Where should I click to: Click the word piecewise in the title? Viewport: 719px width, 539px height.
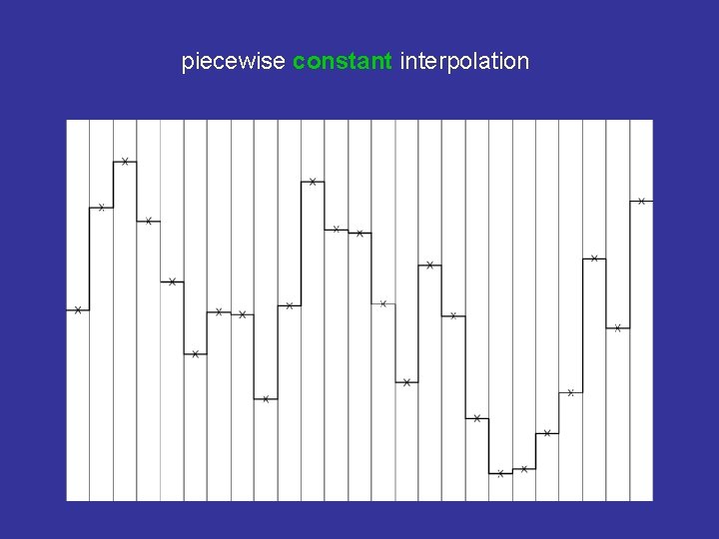point(234,62)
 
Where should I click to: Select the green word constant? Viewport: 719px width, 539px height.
point(343,62)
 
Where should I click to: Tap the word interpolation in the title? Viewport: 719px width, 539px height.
point(464,62)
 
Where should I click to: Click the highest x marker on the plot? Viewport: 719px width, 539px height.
point(125,161)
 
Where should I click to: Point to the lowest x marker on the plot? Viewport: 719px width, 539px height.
point(500,473)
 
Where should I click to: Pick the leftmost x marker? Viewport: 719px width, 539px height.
point(78,310)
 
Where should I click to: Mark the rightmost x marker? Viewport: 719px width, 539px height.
point(641,201)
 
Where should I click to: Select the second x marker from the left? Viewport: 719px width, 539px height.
point(102,208)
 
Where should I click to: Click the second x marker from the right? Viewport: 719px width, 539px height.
point(618,327)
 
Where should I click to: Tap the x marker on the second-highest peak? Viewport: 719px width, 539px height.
point(313,182)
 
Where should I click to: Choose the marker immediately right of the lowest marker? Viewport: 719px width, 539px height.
point(524,468)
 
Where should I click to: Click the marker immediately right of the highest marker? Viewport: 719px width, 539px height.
point(149,221)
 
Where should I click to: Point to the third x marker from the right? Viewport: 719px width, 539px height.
point(594,259)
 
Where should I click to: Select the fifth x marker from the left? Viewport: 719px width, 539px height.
point(172,281)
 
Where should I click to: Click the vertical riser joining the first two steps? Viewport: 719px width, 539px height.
point(90,260)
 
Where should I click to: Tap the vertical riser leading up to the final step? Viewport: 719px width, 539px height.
point(630,265)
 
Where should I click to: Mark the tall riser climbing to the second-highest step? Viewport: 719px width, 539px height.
point(301,244)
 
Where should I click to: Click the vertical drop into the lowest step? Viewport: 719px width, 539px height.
point(489,445)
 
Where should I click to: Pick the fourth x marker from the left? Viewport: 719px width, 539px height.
point(149,221)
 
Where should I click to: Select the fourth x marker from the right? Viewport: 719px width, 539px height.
point(571,392)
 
